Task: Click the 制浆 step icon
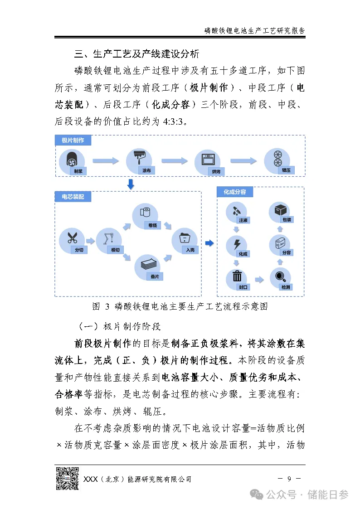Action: coord(72,160)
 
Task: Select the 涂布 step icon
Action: coord(140,159)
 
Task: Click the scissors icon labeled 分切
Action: coord(72,238)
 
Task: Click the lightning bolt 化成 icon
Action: coord(236,245)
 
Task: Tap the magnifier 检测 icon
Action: coord(280,277)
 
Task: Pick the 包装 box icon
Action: coord(280,211)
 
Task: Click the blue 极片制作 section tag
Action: coord(73,141)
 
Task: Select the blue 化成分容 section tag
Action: coord(234,192)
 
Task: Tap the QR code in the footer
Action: coord(67,479)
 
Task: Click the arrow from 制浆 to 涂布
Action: coord(106,160)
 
